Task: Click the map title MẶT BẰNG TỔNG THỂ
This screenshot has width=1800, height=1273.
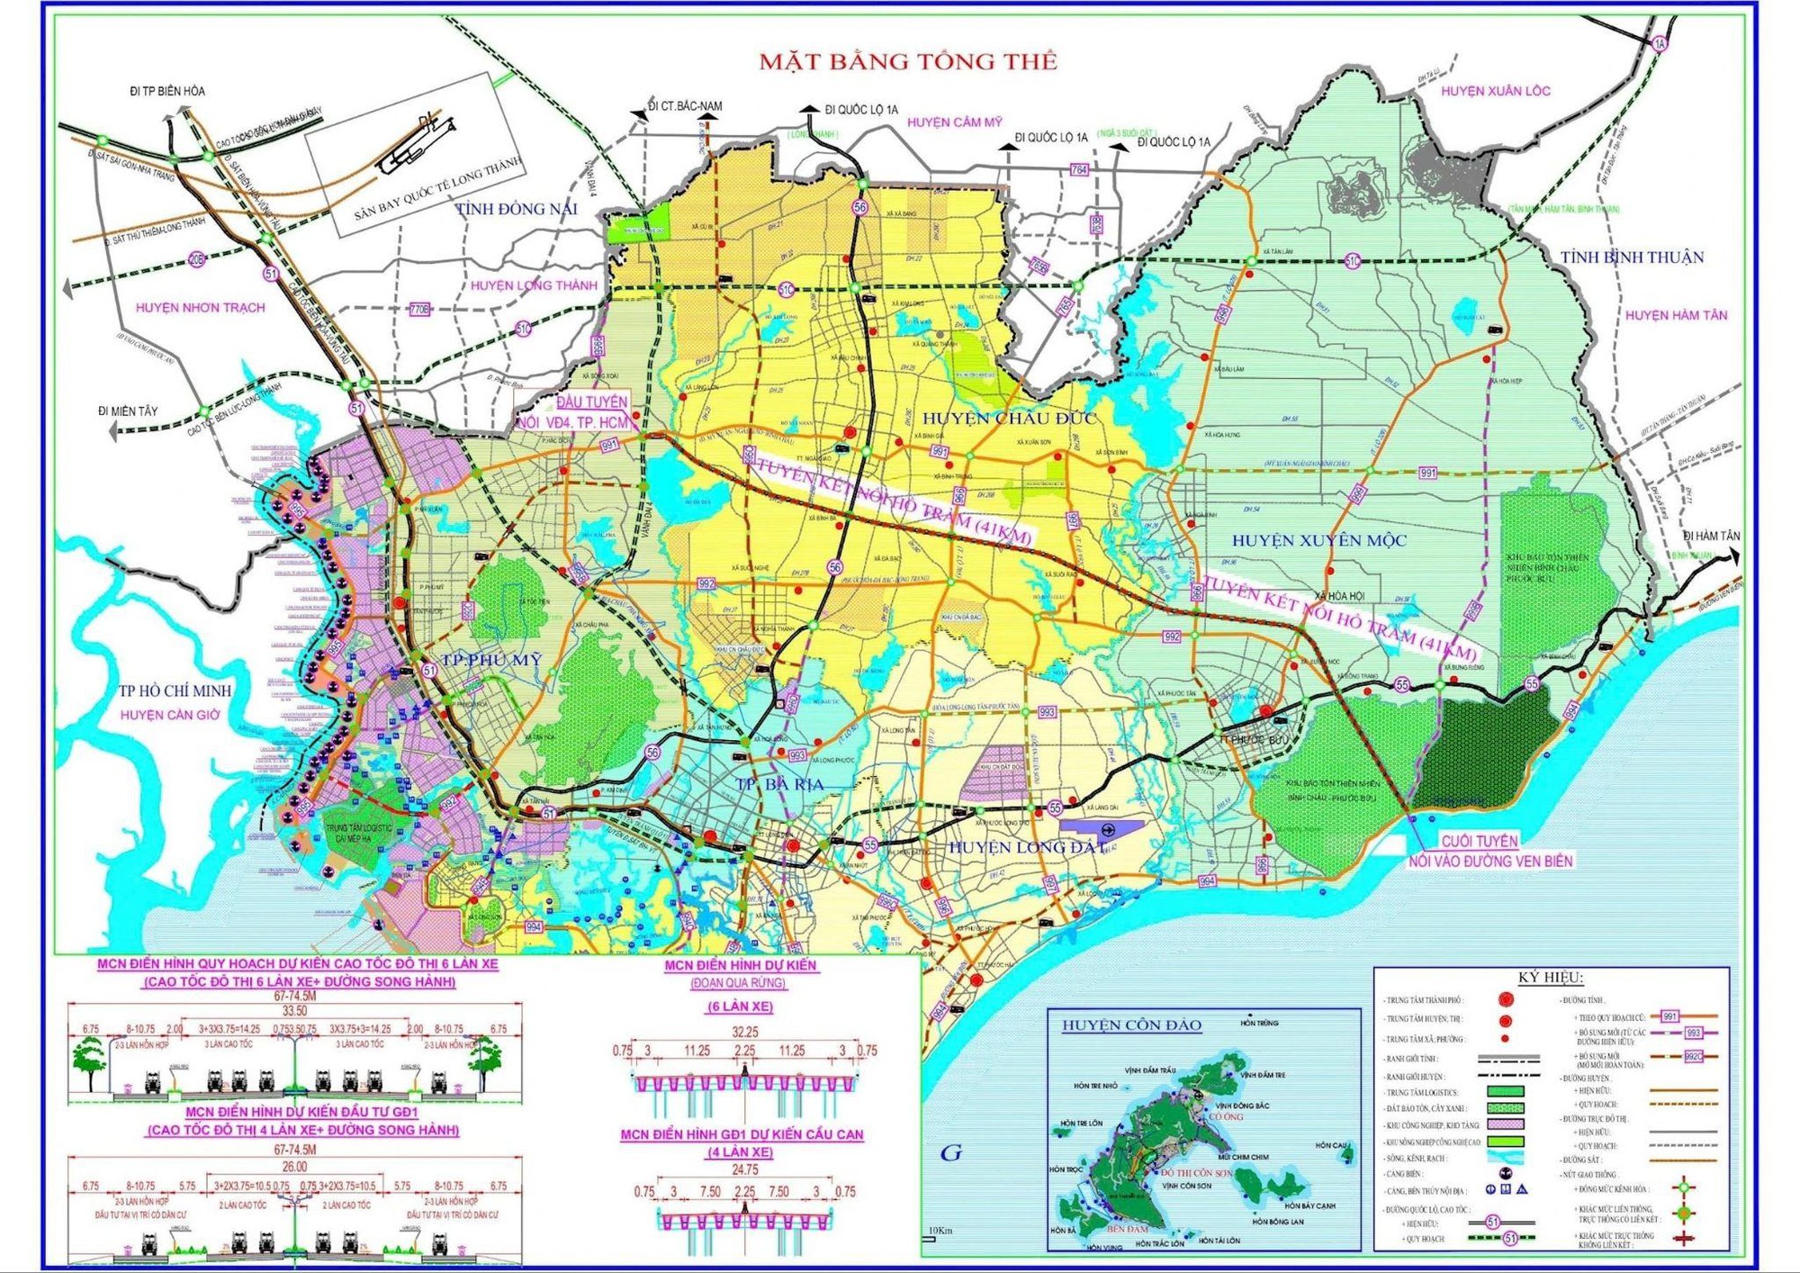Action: [907, 61]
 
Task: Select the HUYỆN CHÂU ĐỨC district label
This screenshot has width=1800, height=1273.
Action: [1009, 418]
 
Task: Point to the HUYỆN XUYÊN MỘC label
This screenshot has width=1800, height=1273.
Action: [1318, 540]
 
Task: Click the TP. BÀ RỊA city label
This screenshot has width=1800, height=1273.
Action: [779, 784]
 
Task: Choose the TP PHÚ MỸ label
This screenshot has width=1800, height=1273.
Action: [491, 660]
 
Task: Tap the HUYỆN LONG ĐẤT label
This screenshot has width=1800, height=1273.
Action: [1026, 847]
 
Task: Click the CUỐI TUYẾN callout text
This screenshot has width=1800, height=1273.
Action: [1479, 841]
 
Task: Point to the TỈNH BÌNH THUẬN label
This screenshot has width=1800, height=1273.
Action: [1632, 257]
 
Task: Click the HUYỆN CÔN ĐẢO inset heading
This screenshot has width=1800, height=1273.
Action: [1131, 1025]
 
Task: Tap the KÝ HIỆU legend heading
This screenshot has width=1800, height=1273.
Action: [1550, 978]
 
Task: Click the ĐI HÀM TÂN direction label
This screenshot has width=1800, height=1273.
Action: [1711, 536]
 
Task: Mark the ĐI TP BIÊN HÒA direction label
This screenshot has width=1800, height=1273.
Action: [167, 91]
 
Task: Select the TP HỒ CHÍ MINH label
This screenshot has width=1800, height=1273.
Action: [175, 691]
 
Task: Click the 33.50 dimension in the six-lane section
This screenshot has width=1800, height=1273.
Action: [295, 1010]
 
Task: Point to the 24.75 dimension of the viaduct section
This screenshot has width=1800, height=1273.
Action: [744, 1169]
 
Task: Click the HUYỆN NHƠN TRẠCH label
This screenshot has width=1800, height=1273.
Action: [200, 308]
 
